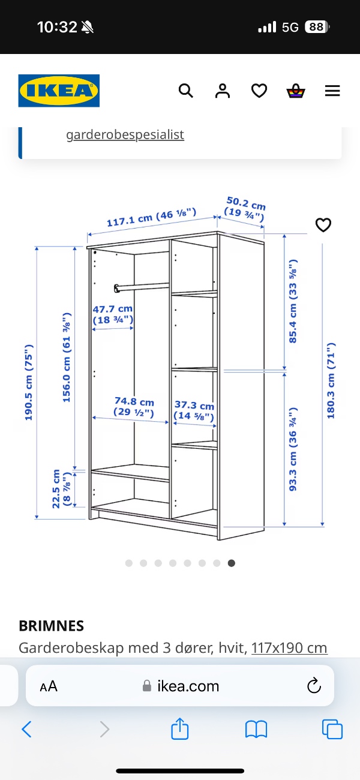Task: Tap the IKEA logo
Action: pyautogui.click(x=59, y=91)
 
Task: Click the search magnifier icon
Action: pyautogui.click(x=185, y=91)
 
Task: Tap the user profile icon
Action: pyautogui.click(x=223, y=91)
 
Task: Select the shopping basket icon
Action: pyautogui.click(x=296, y=91)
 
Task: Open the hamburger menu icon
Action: pyautogui.click(x=332, y=91)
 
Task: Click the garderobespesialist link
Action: pyautogui.click(x=125, y=134)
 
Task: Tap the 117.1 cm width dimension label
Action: pyautogui.click(x=151, y=217)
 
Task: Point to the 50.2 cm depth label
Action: pyautogui.click(x=245, y=209)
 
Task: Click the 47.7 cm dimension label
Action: pyautogui.click(x=113, y=314)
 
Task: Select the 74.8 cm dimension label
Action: pyautogui.click(x=134, y=407)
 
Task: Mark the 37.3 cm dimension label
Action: pyautogui.click(x=194, y=410)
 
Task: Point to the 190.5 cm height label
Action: pyautogui.click(x=29, y=382)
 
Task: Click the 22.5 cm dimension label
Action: pyautogui.click(x=61, y=488)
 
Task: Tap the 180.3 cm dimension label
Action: pyautogui.click(x=331, y=380)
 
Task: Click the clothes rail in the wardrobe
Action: pyautogui.click(x=142, y=287)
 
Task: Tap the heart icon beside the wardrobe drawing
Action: pyautogui.click(x=323, y=224)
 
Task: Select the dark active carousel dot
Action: pyautogui.click(x=232, y=563)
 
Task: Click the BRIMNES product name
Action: pyautogui.click(x=51, y=626)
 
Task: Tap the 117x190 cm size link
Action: pyautogui.click(x=289, y=648)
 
